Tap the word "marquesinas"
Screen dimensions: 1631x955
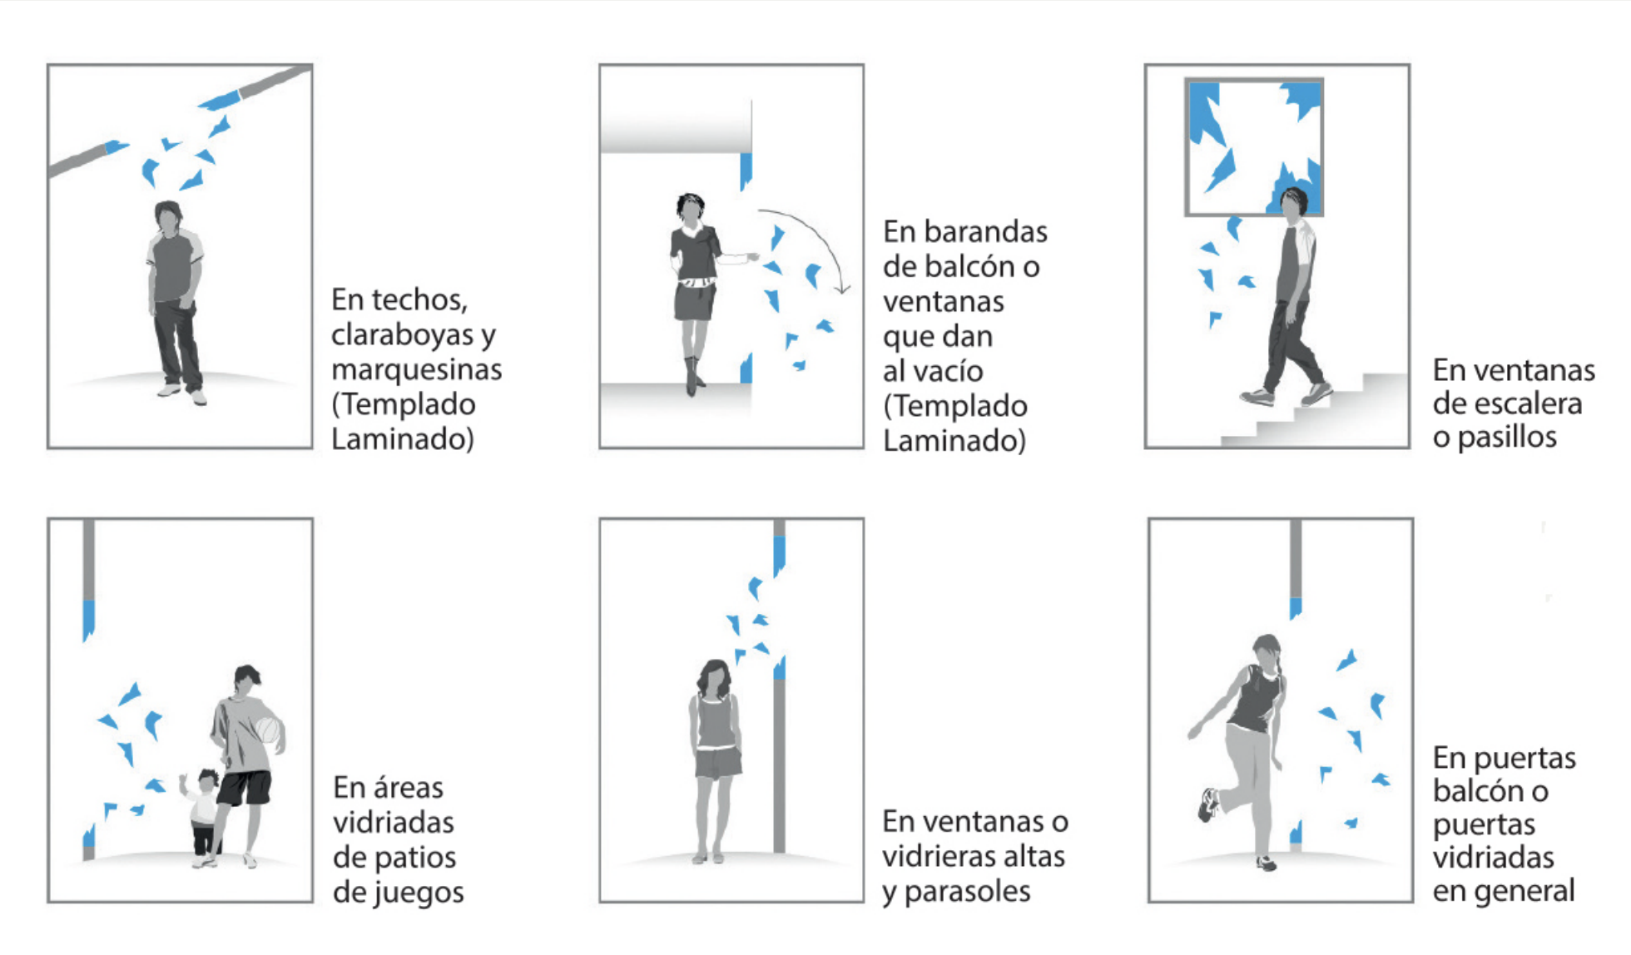[416, 369]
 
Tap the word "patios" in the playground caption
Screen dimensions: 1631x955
[417, 858]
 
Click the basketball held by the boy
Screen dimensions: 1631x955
[270, 730]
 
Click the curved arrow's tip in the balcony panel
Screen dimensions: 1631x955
[845, 292]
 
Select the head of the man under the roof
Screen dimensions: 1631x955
[168, 218]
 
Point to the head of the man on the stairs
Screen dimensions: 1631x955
[1296, 205]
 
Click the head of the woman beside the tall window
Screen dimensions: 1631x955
[714, 679]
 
